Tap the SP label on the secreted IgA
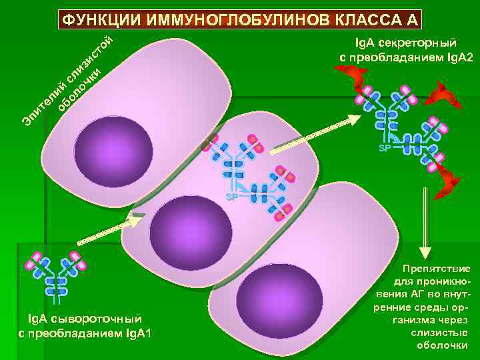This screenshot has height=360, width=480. click(385, 147)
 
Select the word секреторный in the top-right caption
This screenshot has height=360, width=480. click(420, 44)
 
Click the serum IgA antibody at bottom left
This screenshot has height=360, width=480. click(57, 273)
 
